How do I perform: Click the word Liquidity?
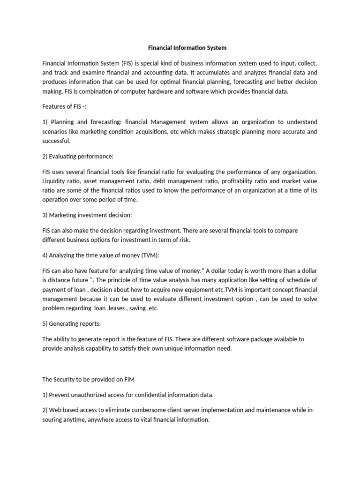(54, 181)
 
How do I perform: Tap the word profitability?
(252, 181)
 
